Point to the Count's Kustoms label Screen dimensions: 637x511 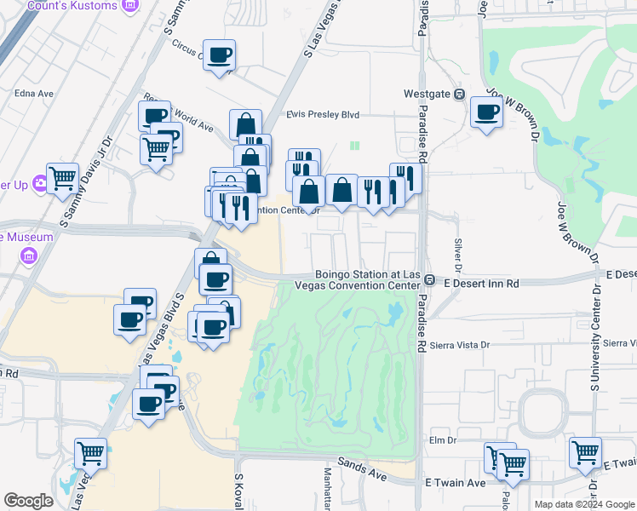pyautogui.click(x=83, y=6)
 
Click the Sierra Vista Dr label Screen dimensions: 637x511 pyautogui.click(x=461, y=345)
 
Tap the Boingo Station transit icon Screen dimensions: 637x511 pyautogui.click(x=430, y=280)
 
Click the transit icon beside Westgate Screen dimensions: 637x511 pyautogui.click(x=459, y=94)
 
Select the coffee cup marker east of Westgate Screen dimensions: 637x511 pyautogui.click(x=487, y=112)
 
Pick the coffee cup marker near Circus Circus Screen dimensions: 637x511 pyautogui.click(x=220, y=55)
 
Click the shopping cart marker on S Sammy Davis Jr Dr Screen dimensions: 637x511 pyautogui.click(x=62, y=179)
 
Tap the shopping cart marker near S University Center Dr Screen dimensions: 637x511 pyautogui.click(x=585, y=452)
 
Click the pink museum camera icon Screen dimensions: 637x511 pyautogui.click(x=29, y=255)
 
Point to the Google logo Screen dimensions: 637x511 pyautogui.click(x=28, y=501)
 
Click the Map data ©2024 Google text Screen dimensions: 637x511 pyautogui.click(x=583, y=504)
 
